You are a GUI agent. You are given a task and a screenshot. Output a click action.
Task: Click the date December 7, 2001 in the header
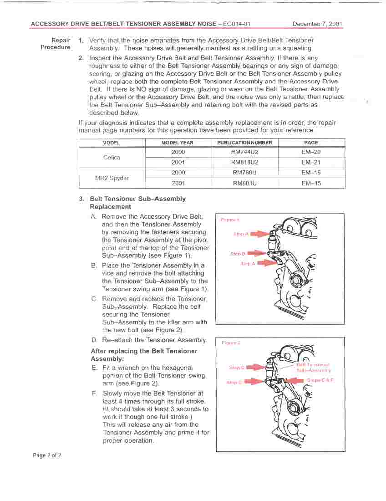click(x=317, y=24)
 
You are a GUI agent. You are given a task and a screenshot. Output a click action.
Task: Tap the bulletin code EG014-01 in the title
click(x=237, y=24)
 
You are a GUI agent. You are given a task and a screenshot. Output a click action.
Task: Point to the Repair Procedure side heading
click(x=56, y=44)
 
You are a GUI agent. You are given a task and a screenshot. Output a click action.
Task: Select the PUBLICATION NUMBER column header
click(x=244, y=143)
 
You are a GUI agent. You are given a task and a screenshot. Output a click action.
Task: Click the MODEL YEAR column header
click(x=178, y=143)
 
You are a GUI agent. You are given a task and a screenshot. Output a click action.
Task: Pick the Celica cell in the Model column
click(x=112, y=158)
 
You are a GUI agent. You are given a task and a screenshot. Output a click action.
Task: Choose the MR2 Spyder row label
click(x=112, y=178)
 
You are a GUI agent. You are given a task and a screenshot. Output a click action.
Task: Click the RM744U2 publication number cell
click(x=244, y=152)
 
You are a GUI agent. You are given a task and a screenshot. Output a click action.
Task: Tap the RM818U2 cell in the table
click(x=244, y=162)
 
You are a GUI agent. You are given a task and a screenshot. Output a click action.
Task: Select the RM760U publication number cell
click(x=244, y=173)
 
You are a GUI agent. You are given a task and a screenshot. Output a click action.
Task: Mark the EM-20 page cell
click(x=311, y=152)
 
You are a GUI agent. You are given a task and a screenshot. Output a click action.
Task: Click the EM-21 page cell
click(x=311, y=162)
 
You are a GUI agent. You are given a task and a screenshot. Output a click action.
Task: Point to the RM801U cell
click(x=244, y=183)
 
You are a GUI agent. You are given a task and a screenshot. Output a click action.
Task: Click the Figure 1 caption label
click(x=230, y=220)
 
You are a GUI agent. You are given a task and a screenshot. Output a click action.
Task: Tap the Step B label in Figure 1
click(x=238, y=254)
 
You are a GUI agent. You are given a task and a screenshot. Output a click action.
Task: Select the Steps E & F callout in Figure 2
click(x=320, y=380)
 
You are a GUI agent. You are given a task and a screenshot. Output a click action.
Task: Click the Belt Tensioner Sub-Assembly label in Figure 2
click(x=314, y=368)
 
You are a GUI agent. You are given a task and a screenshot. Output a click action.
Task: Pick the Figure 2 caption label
click(x=231, y=343)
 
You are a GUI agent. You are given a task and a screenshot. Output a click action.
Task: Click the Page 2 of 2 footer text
click(x=47, y=455)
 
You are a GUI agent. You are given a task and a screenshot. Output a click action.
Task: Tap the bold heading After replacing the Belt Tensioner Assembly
click(x=144, y=355)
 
